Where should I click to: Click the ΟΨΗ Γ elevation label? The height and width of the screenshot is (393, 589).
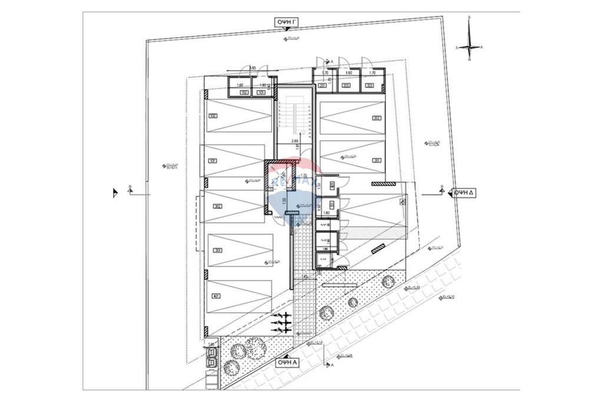pyautogui.click(x=287, y=22)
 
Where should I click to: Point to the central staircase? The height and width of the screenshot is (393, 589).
pyautogui.click(x=293, y=117)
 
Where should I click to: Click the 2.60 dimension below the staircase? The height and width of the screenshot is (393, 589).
pyautogui.click(x=294, y=141)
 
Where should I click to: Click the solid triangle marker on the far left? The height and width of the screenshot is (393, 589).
pyautogui.click(x=115, y=192)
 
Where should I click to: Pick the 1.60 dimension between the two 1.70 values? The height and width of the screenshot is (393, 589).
pyautogui.click(x=349, y=72)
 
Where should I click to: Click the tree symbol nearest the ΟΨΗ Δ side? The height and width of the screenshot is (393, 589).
pyautogui.click(x=387, y=282)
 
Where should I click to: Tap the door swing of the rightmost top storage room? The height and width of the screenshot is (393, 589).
pyautogui.click(x=366, y=62)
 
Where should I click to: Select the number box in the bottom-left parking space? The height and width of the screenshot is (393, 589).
pyautogui.click(x=216, y=296)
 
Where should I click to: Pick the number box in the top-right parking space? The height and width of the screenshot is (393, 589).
pyautogui.click(x=376, y=118)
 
